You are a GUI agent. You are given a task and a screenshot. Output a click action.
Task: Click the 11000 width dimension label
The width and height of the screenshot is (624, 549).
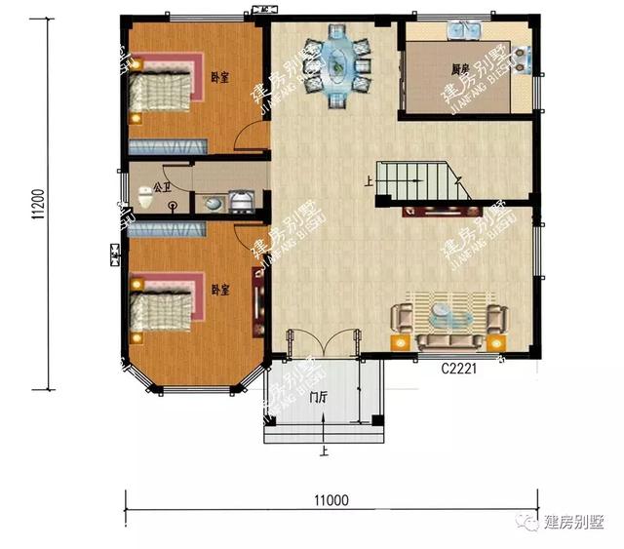coord(331,499)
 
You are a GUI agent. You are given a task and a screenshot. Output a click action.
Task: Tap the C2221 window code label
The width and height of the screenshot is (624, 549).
coord(458,371)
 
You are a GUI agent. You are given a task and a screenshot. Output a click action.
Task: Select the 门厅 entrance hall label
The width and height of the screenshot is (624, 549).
coord(318,398)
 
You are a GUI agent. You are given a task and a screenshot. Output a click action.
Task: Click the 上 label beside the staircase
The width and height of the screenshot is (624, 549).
coord(369,180)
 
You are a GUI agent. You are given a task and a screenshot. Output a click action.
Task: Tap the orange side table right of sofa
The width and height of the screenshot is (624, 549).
coord(498,342)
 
